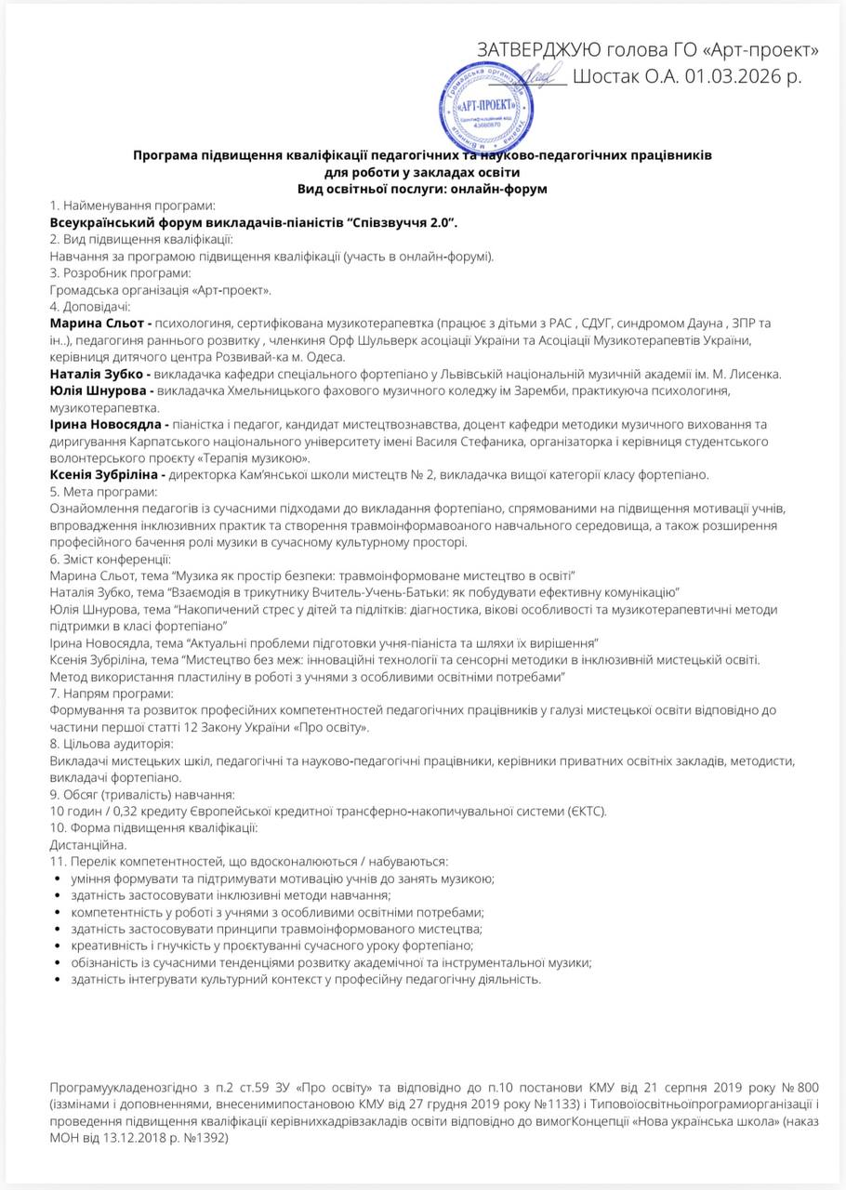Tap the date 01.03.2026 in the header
point(734,76)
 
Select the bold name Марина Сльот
point(96,323)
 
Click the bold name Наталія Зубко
point(97,374)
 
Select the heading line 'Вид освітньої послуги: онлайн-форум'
point(422,189)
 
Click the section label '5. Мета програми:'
point(103,492)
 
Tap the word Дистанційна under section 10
point(86,845)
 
